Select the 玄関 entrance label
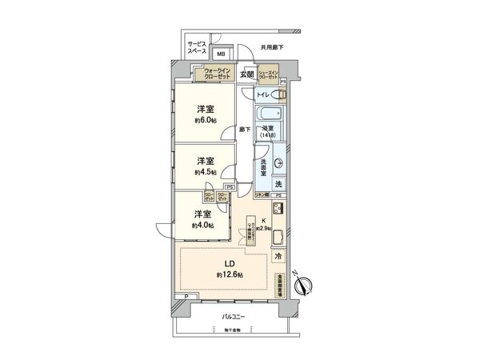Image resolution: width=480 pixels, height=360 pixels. pos(246,74)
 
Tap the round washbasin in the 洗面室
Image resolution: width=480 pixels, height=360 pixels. pos(278,163)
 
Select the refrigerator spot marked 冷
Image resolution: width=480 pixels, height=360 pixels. pos(278,258)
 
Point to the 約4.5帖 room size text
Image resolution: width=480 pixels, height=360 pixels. pos(206,171)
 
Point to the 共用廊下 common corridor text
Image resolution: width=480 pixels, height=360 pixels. pos(271,47)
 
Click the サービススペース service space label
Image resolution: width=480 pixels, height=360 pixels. pos(197,49)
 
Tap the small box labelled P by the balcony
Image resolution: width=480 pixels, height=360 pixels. pos(186,298)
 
